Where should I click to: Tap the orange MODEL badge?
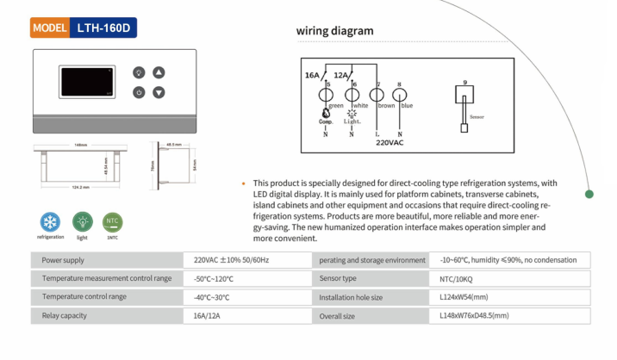49,28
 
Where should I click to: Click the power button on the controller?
139,92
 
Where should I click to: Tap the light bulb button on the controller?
139,72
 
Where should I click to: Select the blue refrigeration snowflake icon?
50,220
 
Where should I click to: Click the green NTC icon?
112,220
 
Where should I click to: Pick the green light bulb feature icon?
82,220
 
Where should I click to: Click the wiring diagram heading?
334,31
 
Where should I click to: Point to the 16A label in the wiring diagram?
313,76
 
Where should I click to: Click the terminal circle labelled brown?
377,96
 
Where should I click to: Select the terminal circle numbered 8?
400,96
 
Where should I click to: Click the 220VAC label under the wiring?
390,143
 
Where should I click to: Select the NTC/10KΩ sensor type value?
459,278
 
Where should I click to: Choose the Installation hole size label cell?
351,297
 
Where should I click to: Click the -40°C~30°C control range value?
214,297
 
